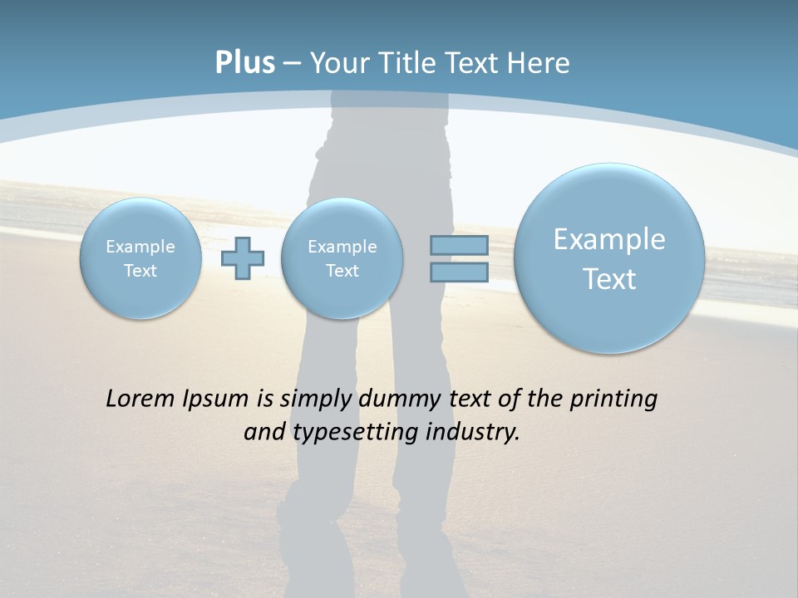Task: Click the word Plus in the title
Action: pyautogui.click(x=244, y=63)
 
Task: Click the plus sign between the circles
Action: pyautogui.click(x=243, y=258)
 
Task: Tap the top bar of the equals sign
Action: pyautogui.click(x=459, y=245)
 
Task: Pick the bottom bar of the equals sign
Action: pyautogui.click(x=459, y=272)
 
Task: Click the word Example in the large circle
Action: pyautogui.click(x=609, y=239)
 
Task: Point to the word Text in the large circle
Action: pyautogui.click(x=609, y=279)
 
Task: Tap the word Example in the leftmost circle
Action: pyautogui.click(x=140, y=247)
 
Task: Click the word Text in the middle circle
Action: pyautogui.click(x=342, y=271)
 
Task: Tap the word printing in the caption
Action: pyautogui.click(x=613, y=399)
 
